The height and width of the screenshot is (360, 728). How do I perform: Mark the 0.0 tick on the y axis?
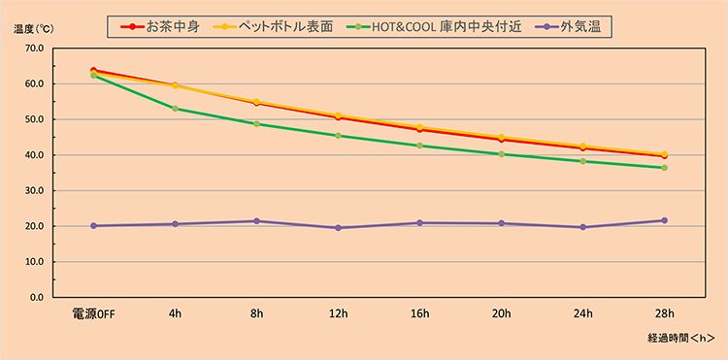point(35,297)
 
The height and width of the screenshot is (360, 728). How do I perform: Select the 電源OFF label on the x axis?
point(93,313)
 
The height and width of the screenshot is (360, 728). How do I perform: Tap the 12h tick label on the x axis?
point(338,313)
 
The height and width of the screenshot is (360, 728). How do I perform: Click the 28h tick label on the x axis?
point(664,313)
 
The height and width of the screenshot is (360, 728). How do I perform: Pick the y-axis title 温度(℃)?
point(31,28)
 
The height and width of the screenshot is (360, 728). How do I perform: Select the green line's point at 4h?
point(175,109)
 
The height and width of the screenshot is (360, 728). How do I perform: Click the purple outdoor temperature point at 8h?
point(256,221)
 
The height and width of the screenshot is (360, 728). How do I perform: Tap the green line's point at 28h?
point(664,168)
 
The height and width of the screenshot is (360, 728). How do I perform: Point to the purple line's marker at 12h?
point(338,228)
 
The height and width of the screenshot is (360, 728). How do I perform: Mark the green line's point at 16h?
point(419,146)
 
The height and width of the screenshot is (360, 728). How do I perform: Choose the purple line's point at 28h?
point(664,220)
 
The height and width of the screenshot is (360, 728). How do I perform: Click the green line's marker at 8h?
point(256,124)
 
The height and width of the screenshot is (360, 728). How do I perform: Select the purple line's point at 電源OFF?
point(93,225)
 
